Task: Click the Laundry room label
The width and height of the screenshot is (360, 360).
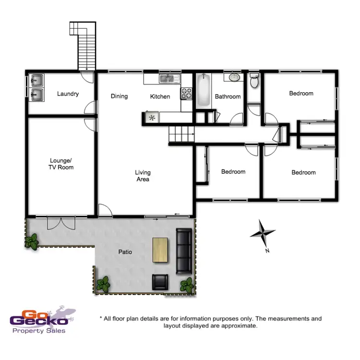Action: point(68,94)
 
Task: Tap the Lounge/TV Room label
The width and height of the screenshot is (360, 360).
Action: point(61,164)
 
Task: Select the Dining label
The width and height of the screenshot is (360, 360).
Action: point(119,96)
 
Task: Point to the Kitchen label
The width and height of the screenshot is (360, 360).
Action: point(160,96)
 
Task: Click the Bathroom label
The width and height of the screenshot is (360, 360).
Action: point(228,96)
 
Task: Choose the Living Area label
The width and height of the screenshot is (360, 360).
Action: point(143,176)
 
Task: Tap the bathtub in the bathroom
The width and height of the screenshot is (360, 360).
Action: point(202,91)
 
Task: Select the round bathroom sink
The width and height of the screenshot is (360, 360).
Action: point(234,78)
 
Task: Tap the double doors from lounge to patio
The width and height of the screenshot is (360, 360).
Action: point(61,222)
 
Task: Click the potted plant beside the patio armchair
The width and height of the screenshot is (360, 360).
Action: point(186,286)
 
